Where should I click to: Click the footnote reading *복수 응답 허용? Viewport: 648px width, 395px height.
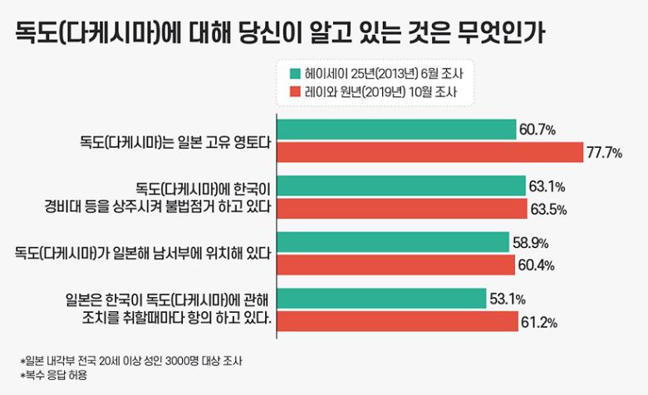tap(54, 375)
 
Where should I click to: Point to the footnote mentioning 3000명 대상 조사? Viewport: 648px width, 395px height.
tap(133, 361)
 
